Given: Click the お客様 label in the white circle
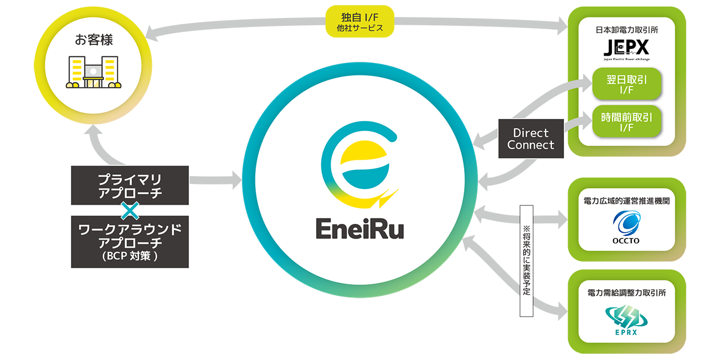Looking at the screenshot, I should click(x=93, y=40).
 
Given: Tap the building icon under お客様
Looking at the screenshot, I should click(x=93, y=72).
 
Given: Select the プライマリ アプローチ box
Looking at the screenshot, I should click(x=129, y=185).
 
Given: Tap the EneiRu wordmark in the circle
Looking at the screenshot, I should click(x=363, y=229).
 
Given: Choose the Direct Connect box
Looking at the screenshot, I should click(x=530, y=139).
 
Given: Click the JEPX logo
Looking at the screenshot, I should click(x=626, y=46).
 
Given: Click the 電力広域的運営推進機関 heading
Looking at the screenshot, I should click(x=626, y=200).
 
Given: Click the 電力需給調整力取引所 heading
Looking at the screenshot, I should click(x=626, y=292).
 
